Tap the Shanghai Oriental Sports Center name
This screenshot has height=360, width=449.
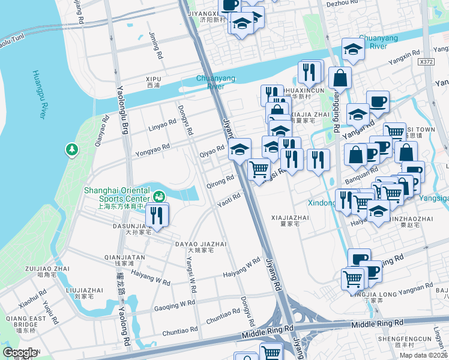(116, 194)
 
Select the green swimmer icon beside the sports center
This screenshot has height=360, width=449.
(159, 196)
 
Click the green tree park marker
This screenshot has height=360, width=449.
(72, 148)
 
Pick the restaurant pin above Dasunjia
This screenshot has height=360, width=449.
(157, 216)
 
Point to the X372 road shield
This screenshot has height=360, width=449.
(427, 62)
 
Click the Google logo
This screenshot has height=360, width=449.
(20, 353)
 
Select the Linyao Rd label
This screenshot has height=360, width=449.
(162, 125)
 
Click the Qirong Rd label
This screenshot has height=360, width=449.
(220, 181)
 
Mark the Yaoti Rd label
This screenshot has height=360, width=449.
(229, 199)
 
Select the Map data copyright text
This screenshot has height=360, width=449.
(424, 355)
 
